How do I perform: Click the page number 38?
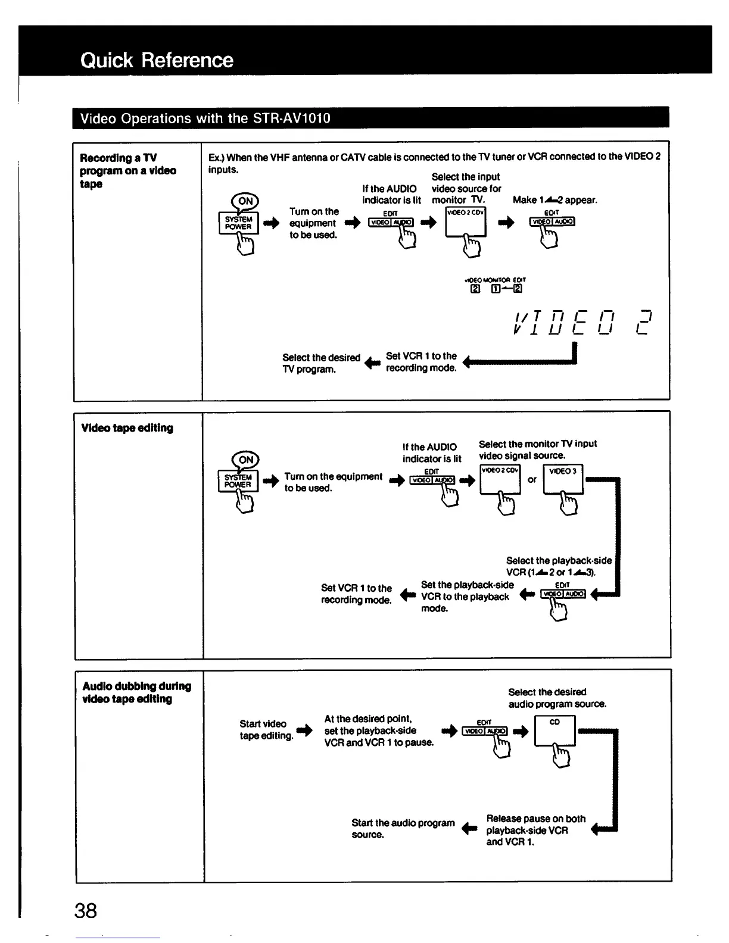(x=86, y=910)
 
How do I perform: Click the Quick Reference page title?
(x=157, y=60)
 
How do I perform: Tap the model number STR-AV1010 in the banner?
(x=291, y=118)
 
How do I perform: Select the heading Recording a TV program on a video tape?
(x=128, y=171)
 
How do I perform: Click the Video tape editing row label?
(x=127, y=428)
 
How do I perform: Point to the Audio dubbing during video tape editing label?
(x=136, y=692)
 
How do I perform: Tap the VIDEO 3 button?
(x=563, y=479)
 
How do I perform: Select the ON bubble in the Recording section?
(x=245, y=201)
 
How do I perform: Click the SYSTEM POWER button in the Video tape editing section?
(x=238, y=480)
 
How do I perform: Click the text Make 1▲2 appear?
(x=554, y=200)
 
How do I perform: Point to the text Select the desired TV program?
(x=321, y=363)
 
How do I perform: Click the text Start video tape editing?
(x=266, y=730)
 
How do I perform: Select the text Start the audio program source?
(x=403, y=829)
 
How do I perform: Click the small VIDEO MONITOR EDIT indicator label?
(x=495, y=279)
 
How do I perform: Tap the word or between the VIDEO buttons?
(x=532, y=479)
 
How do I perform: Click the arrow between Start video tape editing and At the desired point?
(x=304, y=730)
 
